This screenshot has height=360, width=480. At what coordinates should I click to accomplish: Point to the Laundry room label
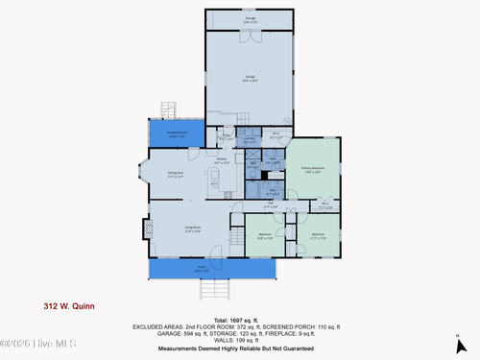tap(249, 141)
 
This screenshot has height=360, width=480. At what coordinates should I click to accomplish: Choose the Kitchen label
tap(222, 160)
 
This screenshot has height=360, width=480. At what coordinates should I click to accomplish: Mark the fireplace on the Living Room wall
tap(148, 229)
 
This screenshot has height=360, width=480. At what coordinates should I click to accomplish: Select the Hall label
tap(272, 205)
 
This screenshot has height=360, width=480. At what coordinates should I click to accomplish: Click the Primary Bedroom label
tap(311, 170)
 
